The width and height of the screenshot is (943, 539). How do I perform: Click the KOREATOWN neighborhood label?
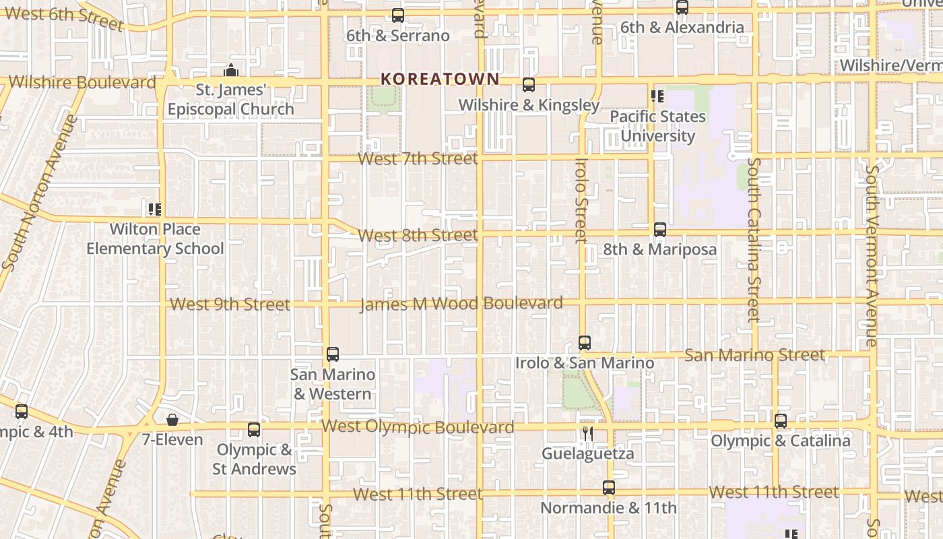pyautogui.click(x=440, y=79)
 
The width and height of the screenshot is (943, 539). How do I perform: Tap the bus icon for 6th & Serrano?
pyautogui.click(x=398, y=15)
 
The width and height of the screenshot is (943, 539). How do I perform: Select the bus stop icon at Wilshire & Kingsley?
pyautogui.click(x=529, y=85)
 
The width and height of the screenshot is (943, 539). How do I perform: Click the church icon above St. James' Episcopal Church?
pyautogui.click(x=231, y=70)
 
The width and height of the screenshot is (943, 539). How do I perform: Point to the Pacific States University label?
pyautogui.click(x=657, y=126)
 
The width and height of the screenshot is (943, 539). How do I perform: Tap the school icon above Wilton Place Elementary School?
pyautogui.click(x=155, y=210)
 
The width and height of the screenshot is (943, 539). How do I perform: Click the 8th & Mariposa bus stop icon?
pyautogui.click(x=660, y=230)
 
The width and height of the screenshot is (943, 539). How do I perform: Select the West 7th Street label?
pyautogui.click(x=418, y=159)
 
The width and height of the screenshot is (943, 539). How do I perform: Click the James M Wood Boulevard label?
pyautogui.click(x=461, y=304)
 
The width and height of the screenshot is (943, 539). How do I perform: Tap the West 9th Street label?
pyautogui.click(x=230, y=304)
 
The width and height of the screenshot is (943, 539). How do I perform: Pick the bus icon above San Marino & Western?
pyautogui.click(x=332, y=354)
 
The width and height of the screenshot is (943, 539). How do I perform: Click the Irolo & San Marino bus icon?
pyautogui.click(x=585, y=343)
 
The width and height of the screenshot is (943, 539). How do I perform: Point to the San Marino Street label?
pyautogui.click(x=754, y=355)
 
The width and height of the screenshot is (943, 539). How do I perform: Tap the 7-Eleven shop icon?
pyautogui.click(x=172, y=420)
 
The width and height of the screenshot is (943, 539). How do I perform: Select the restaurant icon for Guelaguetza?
pyautogui.click(x=588, y=434)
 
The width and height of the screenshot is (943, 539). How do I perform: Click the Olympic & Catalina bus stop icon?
pyautogui.click(x=781, y=421)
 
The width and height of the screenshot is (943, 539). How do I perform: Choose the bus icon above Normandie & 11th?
pyautogui.click(x=609, y=488)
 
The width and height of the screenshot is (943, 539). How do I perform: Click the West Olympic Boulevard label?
pyautogui.click(x=418, y=426)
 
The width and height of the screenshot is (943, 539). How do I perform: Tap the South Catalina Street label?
pyautogui.click(x=753, y=239)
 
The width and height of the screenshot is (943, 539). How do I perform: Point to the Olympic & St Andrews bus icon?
pyautogui.click(x=254, y=430)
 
